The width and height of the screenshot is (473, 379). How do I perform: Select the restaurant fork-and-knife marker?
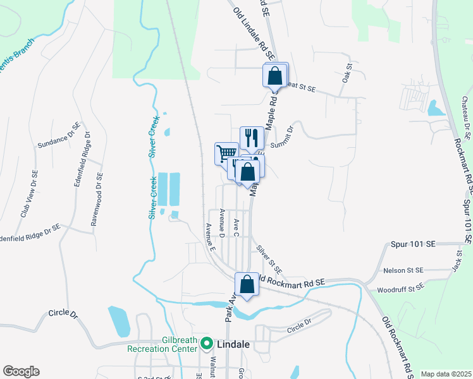coord(252,137)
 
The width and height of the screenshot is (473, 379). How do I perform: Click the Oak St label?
coord(347,72)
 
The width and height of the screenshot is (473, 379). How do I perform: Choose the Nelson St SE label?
coord(402,270)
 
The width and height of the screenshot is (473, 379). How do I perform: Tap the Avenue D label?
coord(221,223)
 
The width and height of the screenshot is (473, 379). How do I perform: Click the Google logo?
coord(21,371)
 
